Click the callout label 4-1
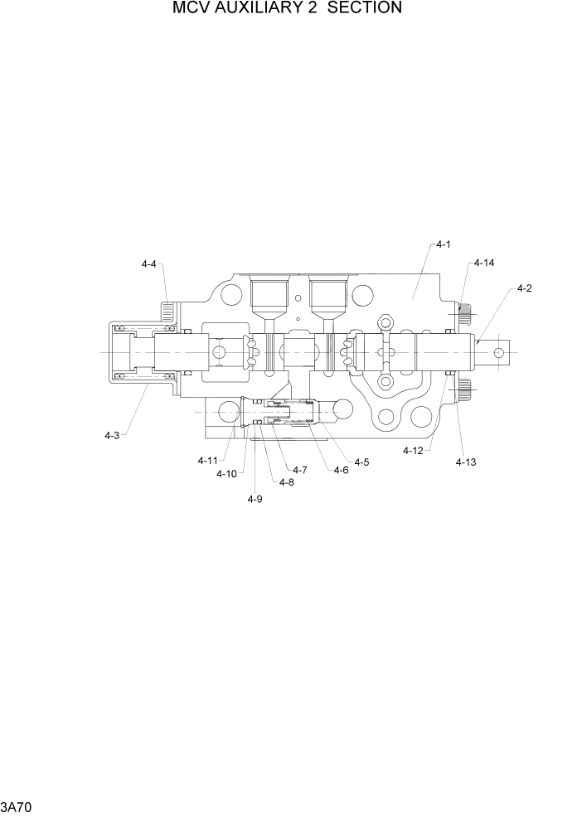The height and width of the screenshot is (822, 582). click(x=442, y=244)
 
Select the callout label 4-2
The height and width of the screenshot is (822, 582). click(x=524, y=288)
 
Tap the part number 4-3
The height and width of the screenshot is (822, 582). click(x=112, y=435)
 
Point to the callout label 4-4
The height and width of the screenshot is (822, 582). click(x=149, y=264)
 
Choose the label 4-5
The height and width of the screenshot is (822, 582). click(x=361, y=462)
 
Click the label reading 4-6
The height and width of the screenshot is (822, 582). click(x=341, y=470)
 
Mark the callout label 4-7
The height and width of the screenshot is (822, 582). click(x=299, y=470)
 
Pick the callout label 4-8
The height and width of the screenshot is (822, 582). click(x=287, y=482)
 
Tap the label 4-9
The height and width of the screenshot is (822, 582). click(x=255, y=499)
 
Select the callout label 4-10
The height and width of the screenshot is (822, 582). click(x=226, y=474)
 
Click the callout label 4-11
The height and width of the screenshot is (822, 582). click(x=207, y=460)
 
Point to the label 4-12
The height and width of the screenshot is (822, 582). click(x=413, y=451)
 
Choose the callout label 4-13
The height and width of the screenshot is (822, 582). click(x=464, y=462)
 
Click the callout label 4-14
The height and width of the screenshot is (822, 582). click(x=484, y=264)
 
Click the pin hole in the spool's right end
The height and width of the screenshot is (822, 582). click(x=499, y=353)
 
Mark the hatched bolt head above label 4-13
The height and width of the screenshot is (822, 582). click(x=464, y=388)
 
